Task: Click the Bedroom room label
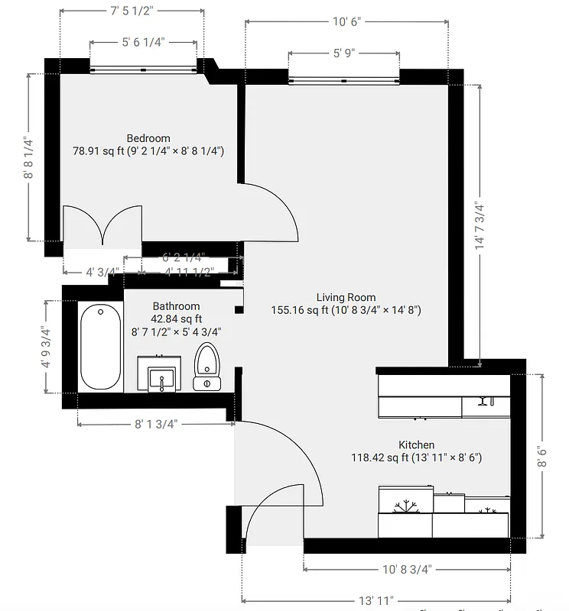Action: tap(148, 138)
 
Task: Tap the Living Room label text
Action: tap(346, 298)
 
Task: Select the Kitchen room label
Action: tap(416, 445)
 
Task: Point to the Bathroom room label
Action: tap(176, 306)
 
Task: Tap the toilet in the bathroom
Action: tap(206, 367)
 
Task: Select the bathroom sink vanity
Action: tap(161, 373)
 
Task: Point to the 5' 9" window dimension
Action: tap(344, 53)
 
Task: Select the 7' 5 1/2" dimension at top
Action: tap(132, 11)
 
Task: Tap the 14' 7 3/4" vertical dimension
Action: tap(480, 225)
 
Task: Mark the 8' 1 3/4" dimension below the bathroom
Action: tap(156, 425)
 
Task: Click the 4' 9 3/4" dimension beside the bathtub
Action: tap(47, 347)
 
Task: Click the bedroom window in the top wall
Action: tap(144, 70)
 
